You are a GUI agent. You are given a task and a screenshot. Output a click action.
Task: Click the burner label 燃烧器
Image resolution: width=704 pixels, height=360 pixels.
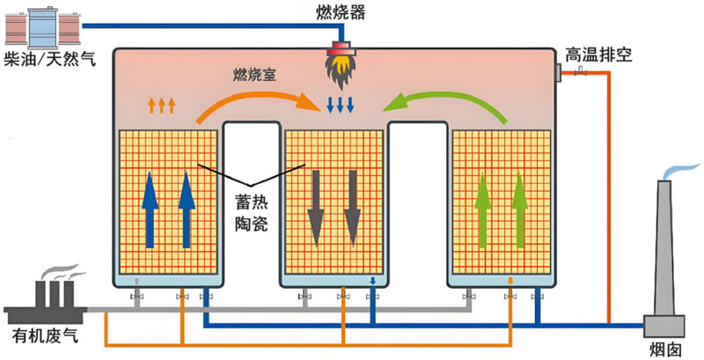(x=340, y=12)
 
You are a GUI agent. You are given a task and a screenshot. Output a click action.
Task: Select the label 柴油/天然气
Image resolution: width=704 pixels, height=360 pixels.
(x=50, y=59)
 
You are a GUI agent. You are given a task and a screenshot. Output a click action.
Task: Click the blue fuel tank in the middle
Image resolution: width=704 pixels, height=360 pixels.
(x=42, y=27)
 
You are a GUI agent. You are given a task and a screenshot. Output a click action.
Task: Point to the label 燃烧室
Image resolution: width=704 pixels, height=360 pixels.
(x=254, y=75)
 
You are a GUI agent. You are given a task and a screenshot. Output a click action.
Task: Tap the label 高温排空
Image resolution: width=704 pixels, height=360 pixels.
(x=599, y=55)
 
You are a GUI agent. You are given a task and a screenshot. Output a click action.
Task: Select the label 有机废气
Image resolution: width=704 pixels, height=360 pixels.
(x=46, y=335)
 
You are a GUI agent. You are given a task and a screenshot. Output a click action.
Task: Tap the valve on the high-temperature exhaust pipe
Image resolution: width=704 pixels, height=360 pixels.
(x=582, y=70)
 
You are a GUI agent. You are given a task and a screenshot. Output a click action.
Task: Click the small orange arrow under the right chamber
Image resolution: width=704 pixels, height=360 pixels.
(x=510, y=281)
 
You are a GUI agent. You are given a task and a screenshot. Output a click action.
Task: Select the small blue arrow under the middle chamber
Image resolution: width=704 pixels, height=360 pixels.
(x=372, y=281)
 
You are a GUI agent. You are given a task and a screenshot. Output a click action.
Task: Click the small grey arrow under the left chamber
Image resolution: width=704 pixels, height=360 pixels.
(x=137, y=281)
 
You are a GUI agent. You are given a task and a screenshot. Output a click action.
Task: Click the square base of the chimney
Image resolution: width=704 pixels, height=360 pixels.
(x=664, y=327)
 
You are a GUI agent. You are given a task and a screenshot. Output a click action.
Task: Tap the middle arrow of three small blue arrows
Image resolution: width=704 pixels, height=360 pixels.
(x=341, y=105)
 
